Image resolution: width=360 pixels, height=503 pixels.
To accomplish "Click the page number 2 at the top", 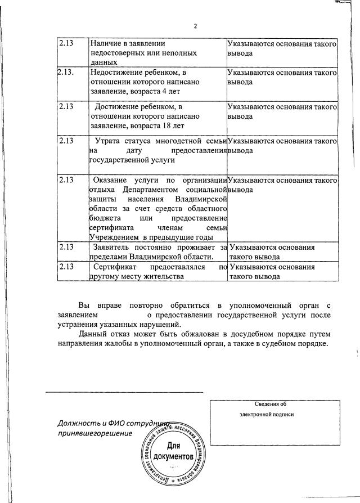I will (195, 26).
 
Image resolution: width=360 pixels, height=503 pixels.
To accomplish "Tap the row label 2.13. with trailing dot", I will (66, 72).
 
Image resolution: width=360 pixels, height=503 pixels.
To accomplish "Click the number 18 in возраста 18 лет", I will (164, 125).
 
